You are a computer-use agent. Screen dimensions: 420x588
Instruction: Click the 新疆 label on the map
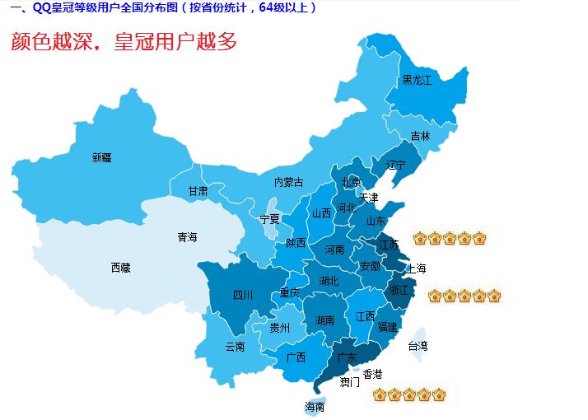click(101, 157)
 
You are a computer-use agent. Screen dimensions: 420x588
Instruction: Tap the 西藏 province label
click(120, 267)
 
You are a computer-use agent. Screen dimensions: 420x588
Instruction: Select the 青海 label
click(187, 237)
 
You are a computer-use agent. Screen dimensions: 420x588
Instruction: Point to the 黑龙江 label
click(417, 80)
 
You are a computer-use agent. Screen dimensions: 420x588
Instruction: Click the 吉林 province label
click(420, 136)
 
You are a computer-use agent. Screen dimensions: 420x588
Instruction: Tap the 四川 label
click(242, 295)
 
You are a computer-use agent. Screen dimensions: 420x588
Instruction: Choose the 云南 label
click(235, 347)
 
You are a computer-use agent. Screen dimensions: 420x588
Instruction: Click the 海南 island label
click(315, 407)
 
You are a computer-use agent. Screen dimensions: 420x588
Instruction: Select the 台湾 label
click(418, 347)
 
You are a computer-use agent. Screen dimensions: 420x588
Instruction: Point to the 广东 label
click(347, 357)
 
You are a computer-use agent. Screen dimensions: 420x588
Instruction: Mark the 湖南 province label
click(324, 320)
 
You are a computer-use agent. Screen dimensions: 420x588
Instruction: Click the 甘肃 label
click(198, 191)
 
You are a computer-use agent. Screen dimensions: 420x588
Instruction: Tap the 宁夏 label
click(269, 219)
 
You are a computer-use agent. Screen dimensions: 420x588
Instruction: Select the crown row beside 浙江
click(464, 296)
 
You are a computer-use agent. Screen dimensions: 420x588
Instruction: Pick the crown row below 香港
click(408, 395)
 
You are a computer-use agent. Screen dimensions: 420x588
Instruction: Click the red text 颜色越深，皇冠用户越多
click(124, 42)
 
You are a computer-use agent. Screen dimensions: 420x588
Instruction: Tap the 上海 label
click(416, 268)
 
